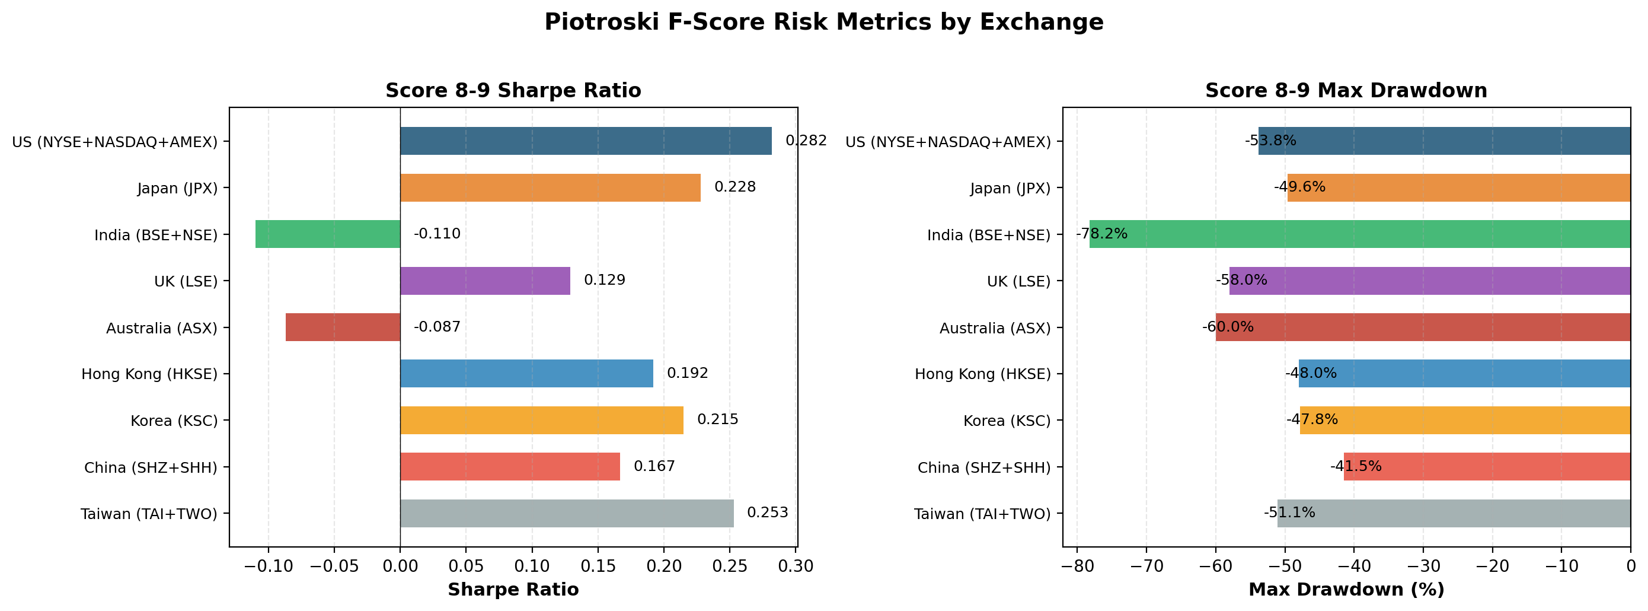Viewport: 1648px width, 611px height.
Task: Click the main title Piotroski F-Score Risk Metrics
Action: (x=823, y=23)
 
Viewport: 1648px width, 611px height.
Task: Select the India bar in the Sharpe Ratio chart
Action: (x=328, y=234)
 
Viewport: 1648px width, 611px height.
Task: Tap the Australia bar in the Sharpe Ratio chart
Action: (x=343, y=327)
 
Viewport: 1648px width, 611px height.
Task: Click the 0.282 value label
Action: (x=806, y=141)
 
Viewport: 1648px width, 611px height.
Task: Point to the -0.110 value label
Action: (x=437, y=234)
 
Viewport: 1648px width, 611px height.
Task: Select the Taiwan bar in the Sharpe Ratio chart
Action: (x=567, y=513)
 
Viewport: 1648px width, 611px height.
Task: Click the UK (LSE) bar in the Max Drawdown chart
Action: (x=1429, y=281)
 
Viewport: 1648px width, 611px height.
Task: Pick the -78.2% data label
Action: (x=1101, y=234)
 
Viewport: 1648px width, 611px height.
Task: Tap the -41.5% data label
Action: (x=1356, y=466)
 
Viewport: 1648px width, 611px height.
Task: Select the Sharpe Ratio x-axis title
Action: (x=513, y=590)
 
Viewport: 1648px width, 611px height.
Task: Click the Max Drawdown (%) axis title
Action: (x=1346, y=590)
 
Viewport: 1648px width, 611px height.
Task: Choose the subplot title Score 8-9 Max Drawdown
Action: (x=1346, y=91)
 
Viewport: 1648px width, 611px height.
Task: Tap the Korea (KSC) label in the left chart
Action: (x=174, y=421)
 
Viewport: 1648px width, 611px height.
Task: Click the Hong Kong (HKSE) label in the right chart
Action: (x=983, y=374)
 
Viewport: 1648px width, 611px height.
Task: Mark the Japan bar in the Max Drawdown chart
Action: (x=1459, y=187)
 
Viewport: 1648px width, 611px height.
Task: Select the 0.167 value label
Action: (x=654, y=466)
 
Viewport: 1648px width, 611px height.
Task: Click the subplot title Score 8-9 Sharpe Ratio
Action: (x=513, y=91)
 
